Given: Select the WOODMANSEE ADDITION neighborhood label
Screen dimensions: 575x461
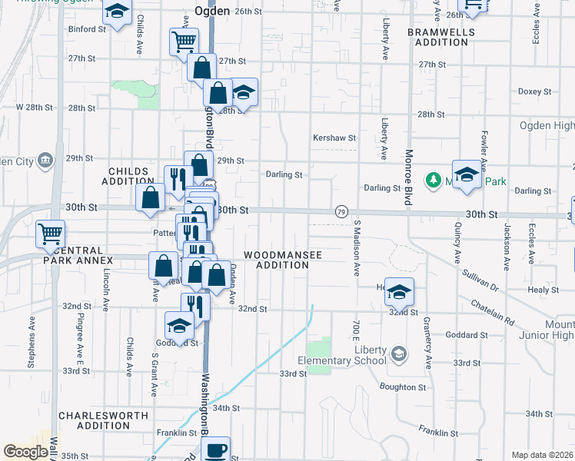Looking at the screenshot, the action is (x=276, y=260).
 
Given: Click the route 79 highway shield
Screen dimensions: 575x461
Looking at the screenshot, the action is (x=341, y=211).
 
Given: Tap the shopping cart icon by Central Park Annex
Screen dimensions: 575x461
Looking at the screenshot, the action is (x=50, y=234).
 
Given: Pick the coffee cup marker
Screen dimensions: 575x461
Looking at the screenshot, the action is (x=216, y=449).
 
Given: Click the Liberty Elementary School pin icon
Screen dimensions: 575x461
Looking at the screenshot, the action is (x=398, y=353).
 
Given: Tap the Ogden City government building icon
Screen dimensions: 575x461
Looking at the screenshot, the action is (x=45, y=160).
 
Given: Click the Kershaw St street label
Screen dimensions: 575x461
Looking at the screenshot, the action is (x=335, y=138).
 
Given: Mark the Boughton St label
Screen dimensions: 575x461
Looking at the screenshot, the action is (x=402, y=387).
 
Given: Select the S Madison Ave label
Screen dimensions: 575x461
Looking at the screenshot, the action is (x=357, y=249).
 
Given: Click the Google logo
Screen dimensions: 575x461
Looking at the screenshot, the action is (x=25, y=452).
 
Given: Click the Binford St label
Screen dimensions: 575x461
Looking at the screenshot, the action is (x=87, y=29).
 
